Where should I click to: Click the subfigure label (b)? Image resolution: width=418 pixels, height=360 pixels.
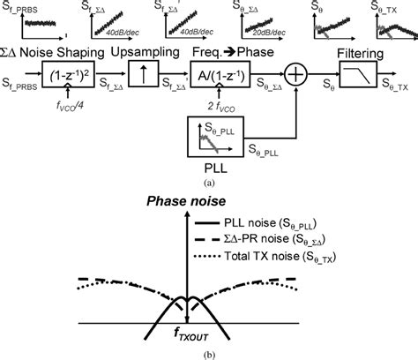(x=208, y=353)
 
